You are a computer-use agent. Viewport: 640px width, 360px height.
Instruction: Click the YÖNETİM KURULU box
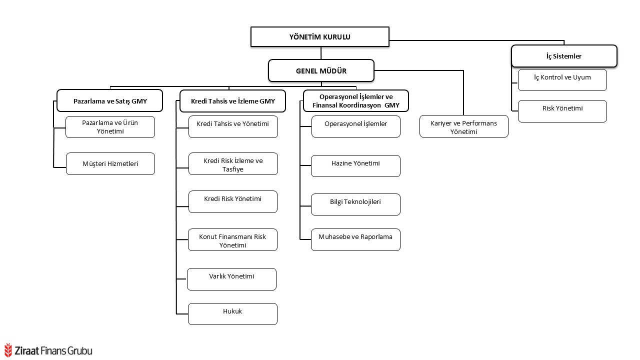click(319, 36)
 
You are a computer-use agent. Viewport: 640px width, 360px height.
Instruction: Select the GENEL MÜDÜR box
click(321, 70)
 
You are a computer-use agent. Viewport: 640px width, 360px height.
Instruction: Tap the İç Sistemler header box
click(564, 56)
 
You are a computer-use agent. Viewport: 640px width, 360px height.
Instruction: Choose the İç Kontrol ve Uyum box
click(562, 80)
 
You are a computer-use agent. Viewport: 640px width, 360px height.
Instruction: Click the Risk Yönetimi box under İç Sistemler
click(562, 111)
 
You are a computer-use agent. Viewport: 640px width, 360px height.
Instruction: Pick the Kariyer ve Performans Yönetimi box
click(463, 126)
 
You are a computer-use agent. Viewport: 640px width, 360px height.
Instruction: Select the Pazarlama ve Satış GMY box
click(110, 100)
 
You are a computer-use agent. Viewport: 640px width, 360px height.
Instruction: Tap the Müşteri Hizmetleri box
click(110, 163)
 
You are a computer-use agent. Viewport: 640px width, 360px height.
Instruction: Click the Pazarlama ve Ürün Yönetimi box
click(110, 127)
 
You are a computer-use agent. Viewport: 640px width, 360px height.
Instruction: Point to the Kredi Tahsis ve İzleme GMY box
click(232, 101)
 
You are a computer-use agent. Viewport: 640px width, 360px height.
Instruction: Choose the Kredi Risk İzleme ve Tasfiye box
click(233, 163)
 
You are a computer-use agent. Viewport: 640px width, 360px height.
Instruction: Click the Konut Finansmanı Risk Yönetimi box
click(232, 239)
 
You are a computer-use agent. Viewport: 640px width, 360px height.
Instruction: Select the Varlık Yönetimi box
click(231, 279)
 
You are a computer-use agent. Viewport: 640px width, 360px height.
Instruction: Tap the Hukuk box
click(232, 313)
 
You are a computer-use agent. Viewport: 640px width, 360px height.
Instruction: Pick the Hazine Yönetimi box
click(355, 166)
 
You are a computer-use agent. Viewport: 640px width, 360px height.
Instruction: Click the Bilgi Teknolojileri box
click(355, 204)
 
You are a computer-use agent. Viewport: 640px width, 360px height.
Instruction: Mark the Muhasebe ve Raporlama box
click(355, 239)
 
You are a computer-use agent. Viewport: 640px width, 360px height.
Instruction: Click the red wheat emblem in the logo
click(8, 350)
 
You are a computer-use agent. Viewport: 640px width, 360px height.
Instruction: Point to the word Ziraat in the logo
click(27, 351)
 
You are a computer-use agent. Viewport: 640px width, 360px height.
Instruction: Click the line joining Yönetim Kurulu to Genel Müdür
click(321, 53)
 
